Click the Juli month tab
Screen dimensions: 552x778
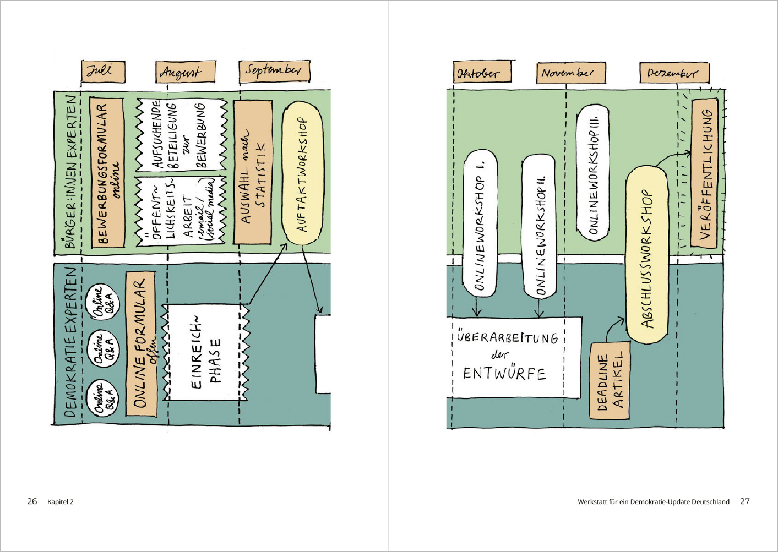tap(103, 72)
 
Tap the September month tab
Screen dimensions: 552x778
tap(274, 71)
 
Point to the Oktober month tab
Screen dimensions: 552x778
tap(482, 73)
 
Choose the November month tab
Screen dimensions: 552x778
tap(570, 73)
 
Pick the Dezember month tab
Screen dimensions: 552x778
tap(674, 73)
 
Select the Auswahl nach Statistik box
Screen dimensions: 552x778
tap(253, 172)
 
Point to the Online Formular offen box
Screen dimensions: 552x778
tap(141, 343)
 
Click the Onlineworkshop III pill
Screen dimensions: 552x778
tap(593, 172)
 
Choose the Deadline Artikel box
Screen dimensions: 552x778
tap(610, 381)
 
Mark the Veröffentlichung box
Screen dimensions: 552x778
tap(705, 173)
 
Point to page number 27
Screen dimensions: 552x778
tap(744, 501)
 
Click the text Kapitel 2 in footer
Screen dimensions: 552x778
tap(61, 502)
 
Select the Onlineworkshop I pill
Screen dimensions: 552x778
tap(480, 222)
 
